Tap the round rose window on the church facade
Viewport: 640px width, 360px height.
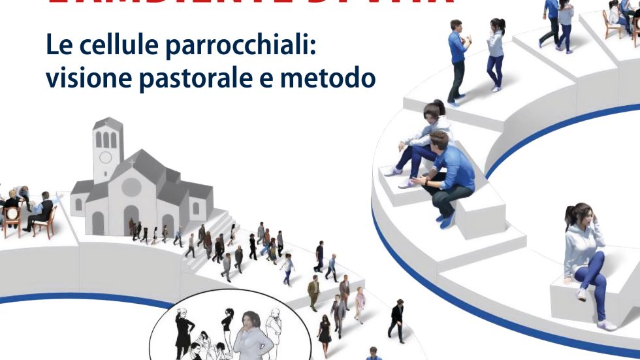click(132, 187)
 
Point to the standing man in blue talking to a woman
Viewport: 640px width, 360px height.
click(457, 59)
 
